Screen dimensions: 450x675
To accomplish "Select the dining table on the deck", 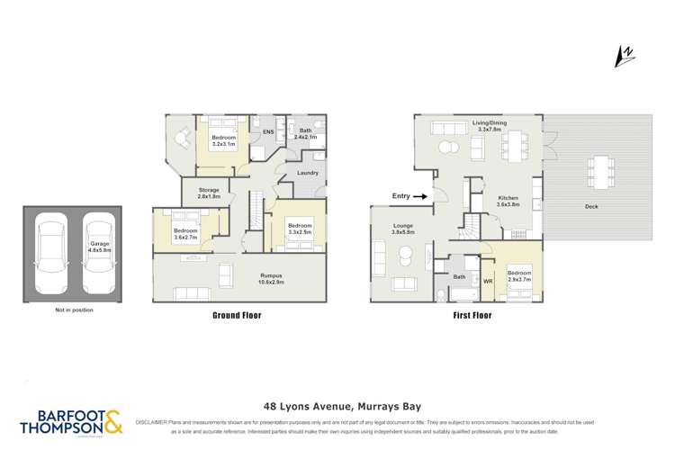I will coord(600,168).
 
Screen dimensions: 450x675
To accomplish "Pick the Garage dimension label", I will coord(99,247).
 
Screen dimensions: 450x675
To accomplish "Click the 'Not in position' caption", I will coord(74,310).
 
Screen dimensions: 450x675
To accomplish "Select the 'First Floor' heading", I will coord(456,316).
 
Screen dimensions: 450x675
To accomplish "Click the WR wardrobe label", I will coord(488,281).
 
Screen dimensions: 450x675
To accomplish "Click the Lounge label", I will coord(402,229).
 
